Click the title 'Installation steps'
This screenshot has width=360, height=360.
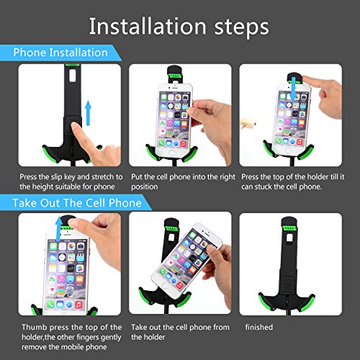179,27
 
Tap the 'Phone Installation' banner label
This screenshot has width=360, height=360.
60,53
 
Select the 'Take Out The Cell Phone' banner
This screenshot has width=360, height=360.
77,203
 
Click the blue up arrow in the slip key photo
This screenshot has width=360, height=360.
89,113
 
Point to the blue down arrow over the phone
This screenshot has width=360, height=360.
292,89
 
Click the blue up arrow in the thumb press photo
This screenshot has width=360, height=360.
58,228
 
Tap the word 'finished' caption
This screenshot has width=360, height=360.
259,327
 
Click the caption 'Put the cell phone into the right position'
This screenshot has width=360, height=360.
183,181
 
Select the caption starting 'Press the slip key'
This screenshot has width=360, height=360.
71,181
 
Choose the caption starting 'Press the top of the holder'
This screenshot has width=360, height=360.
293,181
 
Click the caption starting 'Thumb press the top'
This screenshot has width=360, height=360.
71,337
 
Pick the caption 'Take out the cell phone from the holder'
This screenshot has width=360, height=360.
180,332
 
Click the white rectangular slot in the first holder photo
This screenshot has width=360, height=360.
73,76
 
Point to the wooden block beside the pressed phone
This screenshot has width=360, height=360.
248,122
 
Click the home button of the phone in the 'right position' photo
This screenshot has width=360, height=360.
172,153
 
